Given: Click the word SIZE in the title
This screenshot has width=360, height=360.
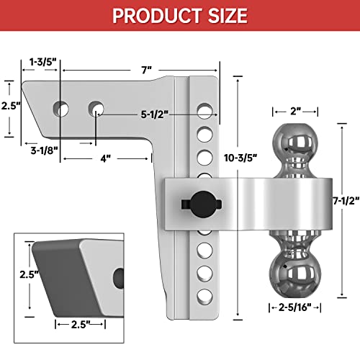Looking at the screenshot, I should [x=226, y=15].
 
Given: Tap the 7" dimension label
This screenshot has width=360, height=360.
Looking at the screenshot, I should [x=147, y=70].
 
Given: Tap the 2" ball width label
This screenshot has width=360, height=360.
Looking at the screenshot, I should [x=295, y=111].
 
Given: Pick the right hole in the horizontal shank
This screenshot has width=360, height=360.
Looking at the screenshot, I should [x=96, y=109].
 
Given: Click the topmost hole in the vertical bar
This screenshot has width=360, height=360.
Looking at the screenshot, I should [x=205, y=112].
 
